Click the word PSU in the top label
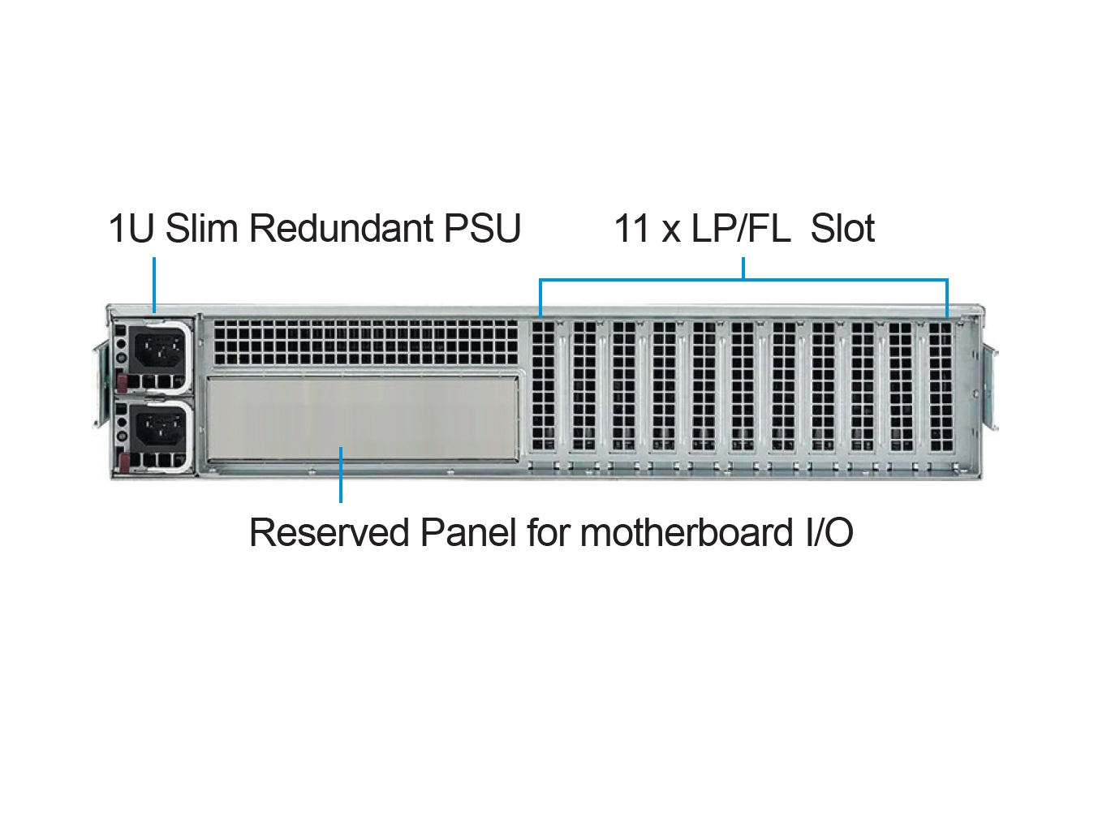(x=482, y=229)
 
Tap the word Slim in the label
(x=201, y=228)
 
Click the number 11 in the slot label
(x=631, y=229)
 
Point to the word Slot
(x=842, y=229)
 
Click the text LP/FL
(x=741, y=229)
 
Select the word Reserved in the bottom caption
(x=329, y=533)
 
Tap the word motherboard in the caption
(x=687, y=532)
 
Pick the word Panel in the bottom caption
(x=468, y=532)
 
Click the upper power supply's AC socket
(x=157, y=349)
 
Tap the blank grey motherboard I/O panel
(x=363, y=419)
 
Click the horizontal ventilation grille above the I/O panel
(x=366, y=342)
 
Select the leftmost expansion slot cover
(x=543, y=386)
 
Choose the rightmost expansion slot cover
(x=940, y=386)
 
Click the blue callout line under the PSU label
(x=154, y=285)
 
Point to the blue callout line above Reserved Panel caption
(x=341, y=475)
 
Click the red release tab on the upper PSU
(x=122, y=382)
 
